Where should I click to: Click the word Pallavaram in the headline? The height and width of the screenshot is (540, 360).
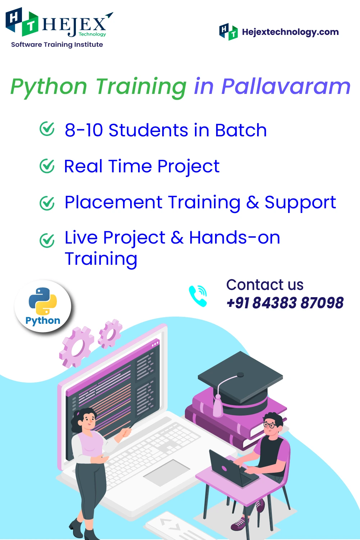[x=286, y=86]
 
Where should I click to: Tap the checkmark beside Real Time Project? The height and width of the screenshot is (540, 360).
[x=47, y=166]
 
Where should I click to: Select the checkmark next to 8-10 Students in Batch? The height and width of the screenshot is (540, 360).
[x=47, y=129]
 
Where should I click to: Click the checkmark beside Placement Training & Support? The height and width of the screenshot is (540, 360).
[x=47, y=203]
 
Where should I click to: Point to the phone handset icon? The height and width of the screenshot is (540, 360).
[x=198, y=296]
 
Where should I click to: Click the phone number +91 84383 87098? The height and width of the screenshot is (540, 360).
[x=285, y=303]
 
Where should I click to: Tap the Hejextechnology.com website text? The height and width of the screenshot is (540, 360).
[x=290, y=32]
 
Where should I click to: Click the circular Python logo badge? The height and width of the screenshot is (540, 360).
[x=43, y=306]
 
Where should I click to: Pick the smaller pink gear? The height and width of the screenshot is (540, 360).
[x=110, y=333]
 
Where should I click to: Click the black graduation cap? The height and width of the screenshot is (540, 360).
[x=241, y=383]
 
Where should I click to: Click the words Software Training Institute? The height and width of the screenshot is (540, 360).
[x=57, y=45]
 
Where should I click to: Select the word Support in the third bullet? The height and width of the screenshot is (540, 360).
[x=300, y=203]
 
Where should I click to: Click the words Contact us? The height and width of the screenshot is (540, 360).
[x=265, y=285]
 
